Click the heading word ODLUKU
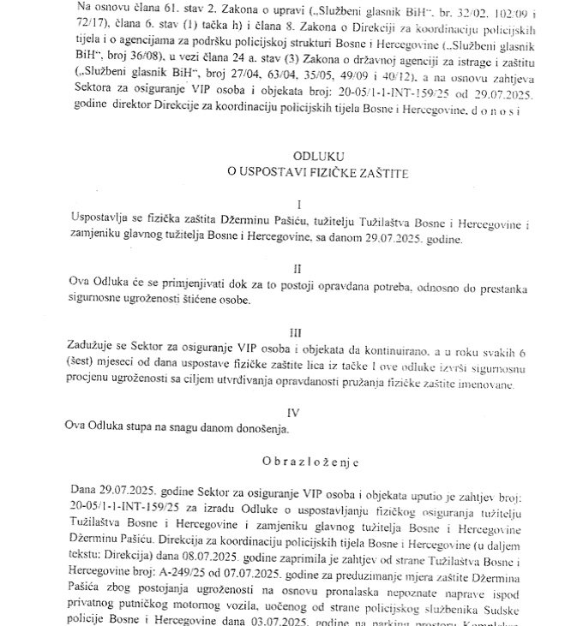coord(295,158)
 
